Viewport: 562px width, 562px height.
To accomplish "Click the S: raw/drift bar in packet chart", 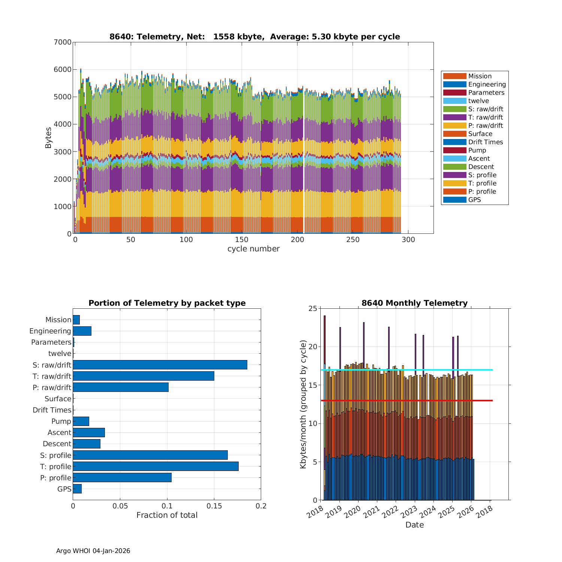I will pos(160,365).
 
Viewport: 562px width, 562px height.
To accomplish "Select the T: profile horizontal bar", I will pos(155,466).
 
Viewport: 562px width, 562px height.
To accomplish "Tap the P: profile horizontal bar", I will pos(122,477).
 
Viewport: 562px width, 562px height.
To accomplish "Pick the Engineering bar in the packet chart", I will pos(82,331).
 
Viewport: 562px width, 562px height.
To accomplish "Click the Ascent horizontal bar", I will pos(89,432).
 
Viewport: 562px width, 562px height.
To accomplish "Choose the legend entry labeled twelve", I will pos(478,101).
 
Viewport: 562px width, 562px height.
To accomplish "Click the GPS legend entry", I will pos(474,200).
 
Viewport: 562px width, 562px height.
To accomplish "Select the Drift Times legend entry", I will pos(485,142).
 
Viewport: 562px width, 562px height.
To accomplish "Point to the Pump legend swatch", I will pos(454,150).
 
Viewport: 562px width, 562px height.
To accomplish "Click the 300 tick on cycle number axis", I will pos(408,240).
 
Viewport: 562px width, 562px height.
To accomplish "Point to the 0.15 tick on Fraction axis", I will pos(214,506).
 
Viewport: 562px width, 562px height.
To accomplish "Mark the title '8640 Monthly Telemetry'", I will pos(414,303).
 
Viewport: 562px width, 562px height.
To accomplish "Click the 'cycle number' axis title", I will pos(253,249).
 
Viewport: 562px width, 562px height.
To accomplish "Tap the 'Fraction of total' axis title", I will pos(167,515).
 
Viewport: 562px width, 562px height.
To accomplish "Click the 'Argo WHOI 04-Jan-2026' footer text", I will pos(93,551).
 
